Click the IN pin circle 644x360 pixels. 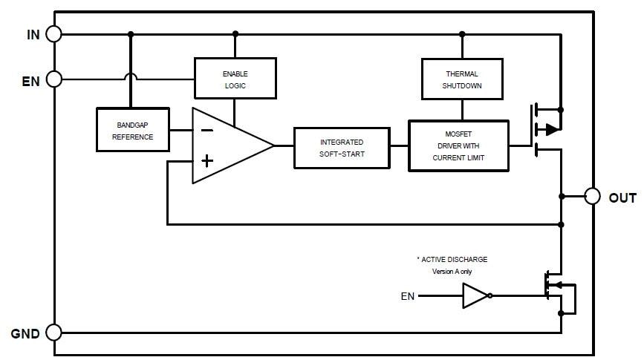(53, 33)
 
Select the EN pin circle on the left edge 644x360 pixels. (53, 79)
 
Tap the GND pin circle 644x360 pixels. (53, 332)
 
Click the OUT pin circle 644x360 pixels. (591, 196)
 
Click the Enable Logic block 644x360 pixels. (235, 79)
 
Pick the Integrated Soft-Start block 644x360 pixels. (342, 147)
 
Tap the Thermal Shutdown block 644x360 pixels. (462, 79)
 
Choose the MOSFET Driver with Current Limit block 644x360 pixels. (458, 146)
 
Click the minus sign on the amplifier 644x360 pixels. (207, 130)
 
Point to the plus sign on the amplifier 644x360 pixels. (207, 160)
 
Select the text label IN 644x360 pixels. (33, 34)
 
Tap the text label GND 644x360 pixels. (25, 333)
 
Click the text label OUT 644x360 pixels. (622, 197)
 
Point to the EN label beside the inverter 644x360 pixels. (408, 297)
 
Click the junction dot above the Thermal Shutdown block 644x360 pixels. (462, 33)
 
